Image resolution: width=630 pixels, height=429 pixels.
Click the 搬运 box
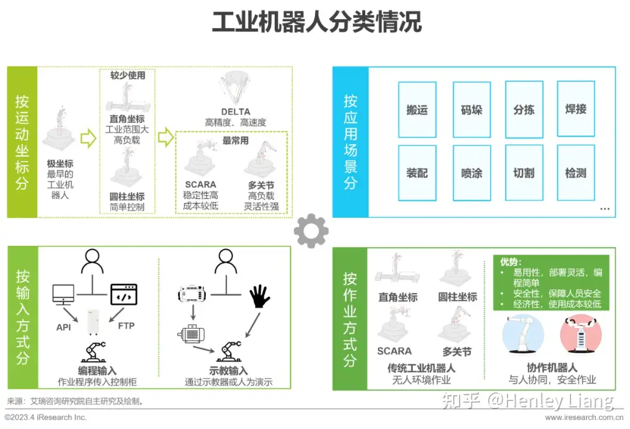[x=417, y=110]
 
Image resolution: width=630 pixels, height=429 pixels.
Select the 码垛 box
[x=472, y=110]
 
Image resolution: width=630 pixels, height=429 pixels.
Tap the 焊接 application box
[x=576, y=109]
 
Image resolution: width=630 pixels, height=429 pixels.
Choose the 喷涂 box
[x=472, y=173]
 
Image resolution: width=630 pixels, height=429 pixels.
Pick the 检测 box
[x=576, y=173]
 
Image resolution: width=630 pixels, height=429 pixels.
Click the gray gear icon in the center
[x=311, y=231]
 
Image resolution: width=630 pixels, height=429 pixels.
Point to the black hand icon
[x=260, y=297]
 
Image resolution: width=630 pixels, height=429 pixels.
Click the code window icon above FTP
[x=124, y=294]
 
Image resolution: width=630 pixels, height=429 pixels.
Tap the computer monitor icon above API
[x=64, y=295]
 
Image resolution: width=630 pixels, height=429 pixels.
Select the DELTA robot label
[x=236, y=111]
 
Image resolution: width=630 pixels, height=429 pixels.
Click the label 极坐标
[x=60, y=163]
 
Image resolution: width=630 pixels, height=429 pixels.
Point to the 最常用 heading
[x=236, y=141]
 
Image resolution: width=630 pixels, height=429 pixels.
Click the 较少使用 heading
[x=128, y=75]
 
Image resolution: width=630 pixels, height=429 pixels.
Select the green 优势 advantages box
[x=551, y=282]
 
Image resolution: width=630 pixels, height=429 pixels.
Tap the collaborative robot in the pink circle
[x=580, y=334]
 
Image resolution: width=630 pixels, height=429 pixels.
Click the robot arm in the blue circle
[x=523, y=334]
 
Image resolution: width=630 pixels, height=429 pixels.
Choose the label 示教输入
[x=228, y=371]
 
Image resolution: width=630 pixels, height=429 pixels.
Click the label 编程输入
[x=97, y=371]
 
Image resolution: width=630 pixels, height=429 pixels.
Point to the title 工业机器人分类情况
[x=317, y=22]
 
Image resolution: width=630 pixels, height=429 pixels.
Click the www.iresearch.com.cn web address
[x=584, y=417]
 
